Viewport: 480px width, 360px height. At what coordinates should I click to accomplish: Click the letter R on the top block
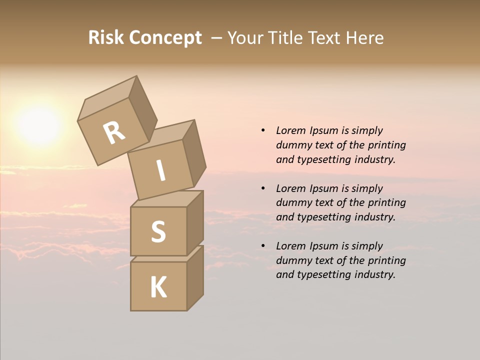tap(114, 133)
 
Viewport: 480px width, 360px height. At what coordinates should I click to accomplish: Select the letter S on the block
tap(158, 231)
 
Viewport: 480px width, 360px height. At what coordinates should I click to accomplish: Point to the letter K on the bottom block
tap(158, 287)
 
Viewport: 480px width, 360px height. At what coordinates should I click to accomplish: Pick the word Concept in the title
tap(165, 37)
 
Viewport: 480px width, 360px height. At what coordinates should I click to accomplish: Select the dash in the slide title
tap(216, 38)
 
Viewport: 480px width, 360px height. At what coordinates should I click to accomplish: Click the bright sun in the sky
tap(39, 125)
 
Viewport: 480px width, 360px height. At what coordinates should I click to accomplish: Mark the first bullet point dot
tap(263, 130)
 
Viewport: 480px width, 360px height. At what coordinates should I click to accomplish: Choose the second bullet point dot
tap(263, 188)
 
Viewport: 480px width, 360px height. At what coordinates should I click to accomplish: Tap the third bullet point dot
tap(263, 246)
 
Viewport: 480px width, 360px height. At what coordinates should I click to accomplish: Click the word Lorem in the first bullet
tap(290, 130)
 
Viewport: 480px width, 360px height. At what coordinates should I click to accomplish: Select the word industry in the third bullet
tap(374, 274)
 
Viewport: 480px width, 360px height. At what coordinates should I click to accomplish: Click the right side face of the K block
tap(195, 278)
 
